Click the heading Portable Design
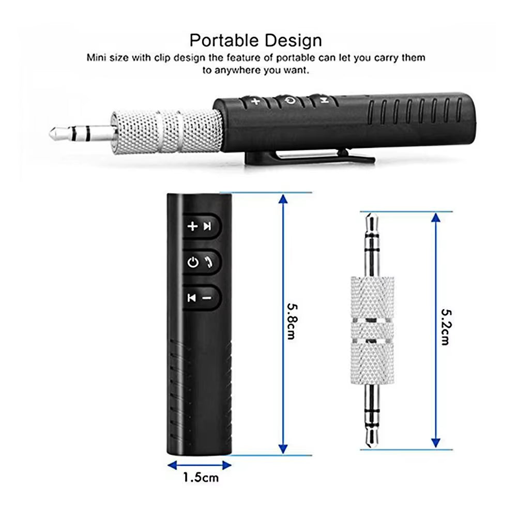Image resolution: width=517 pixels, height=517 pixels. click(255, 40)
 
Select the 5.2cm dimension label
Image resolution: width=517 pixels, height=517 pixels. click(445, 327)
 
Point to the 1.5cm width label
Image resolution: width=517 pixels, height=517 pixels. click(201, 477)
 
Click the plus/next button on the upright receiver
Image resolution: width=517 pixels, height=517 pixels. click(200, 226)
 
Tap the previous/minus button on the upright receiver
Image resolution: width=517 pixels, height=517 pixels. click(200, 297)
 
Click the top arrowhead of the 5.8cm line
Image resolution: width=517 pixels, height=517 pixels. click(282, 199)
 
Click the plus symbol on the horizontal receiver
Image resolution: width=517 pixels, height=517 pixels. click(255, 101)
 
